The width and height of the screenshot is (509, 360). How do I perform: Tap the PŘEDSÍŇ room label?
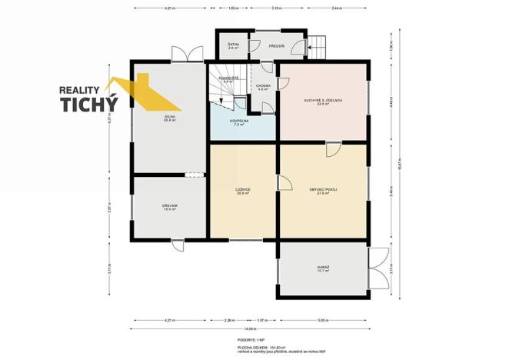point(278,47)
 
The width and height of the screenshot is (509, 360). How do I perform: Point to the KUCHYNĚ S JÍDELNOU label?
point(323,101)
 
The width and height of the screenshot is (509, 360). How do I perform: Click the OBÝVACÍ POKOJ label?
point(324,190)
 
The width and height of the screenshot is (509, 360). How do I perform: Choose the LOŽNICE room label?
point(243,190)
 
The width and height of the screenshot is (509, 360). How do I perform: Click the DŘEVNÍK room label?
point(169,207)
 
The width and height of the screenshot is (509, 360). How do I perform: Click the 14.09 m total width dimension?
point(253,329)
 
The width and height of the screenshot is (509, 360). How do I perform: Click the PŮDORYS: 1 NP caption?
point(253,338)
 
